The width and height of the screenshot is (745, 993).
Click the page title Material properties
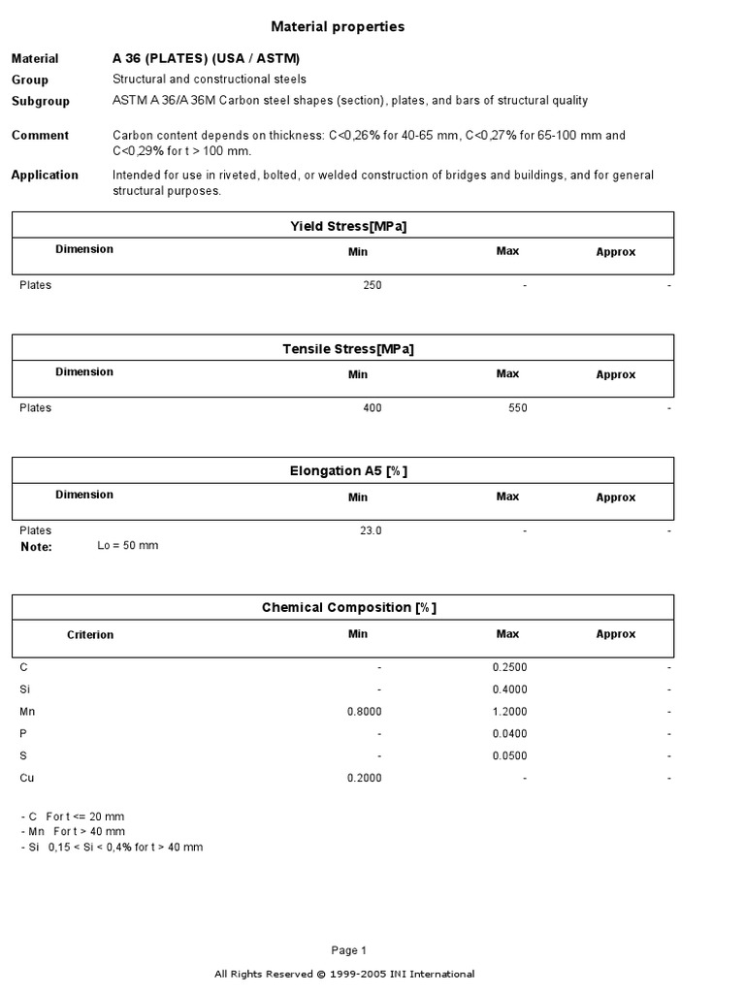coord(337,27)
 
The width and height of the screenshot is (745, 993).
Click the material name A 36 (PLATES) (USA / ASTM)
coord(206,58)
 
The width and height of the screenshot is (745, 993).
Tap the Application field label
coord(45,176)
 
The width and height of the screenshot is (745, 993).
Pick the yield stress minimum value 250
coord(372,286)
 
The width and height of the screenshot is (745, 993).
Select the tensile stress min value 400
coord(372,408)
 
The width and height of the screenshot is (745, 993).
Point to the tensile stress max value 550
coord(517,408)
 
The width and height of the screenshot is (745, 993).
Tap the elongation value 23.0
coord(371,530)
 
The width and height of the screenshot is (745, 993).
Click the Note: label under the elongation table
coord(36,547)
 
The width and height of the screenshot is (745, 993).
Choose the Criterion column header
coord(90,635)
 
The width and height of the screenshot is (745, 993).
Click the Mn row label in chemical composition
coord(27,712)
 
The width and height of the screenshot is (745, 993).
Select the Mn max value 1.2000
coord(510,712)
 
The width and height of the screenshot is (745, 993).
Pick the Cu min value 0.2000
coord(364,778)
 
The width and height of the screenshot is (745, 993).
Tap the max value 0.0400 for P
coord(510,734)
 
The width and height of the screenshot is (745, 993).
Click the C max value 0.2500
coord(510,668)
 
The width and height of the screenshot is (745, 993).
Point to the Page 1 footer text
coord(349,950)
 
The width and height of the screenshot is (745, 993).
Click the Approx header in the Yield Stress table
coord(615,252)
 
